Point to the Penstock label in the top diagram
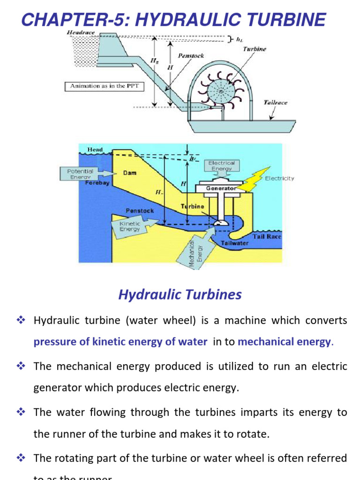[190, 55]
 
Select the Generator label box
[220, 188]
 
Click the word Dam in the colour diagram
[129, 172]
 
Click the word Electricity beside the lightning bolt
[279, 178]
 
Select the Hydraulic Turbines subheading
[180, 294]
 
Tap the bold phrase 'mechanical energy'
[284, 342]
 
